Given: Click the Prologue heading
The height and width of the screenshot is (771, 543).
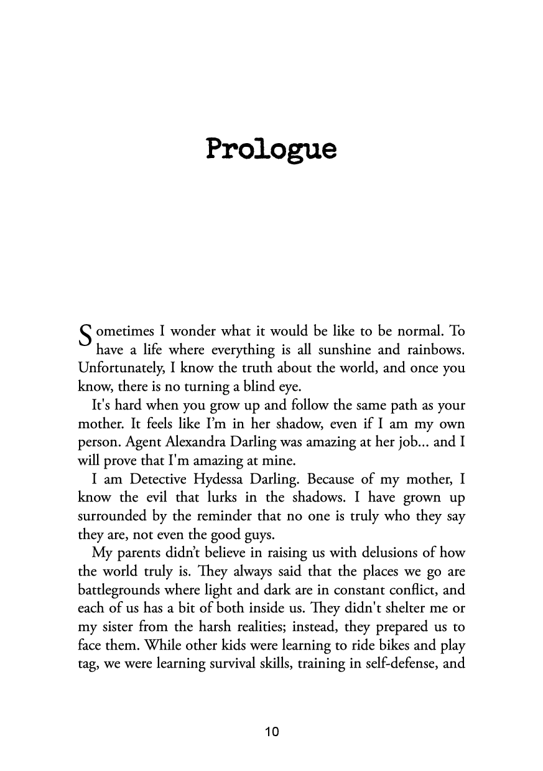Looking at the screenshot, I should click(x=271, y=151).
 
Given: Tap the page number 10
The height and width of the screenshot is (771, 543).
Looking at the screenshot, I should click(x=271, y=732).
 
